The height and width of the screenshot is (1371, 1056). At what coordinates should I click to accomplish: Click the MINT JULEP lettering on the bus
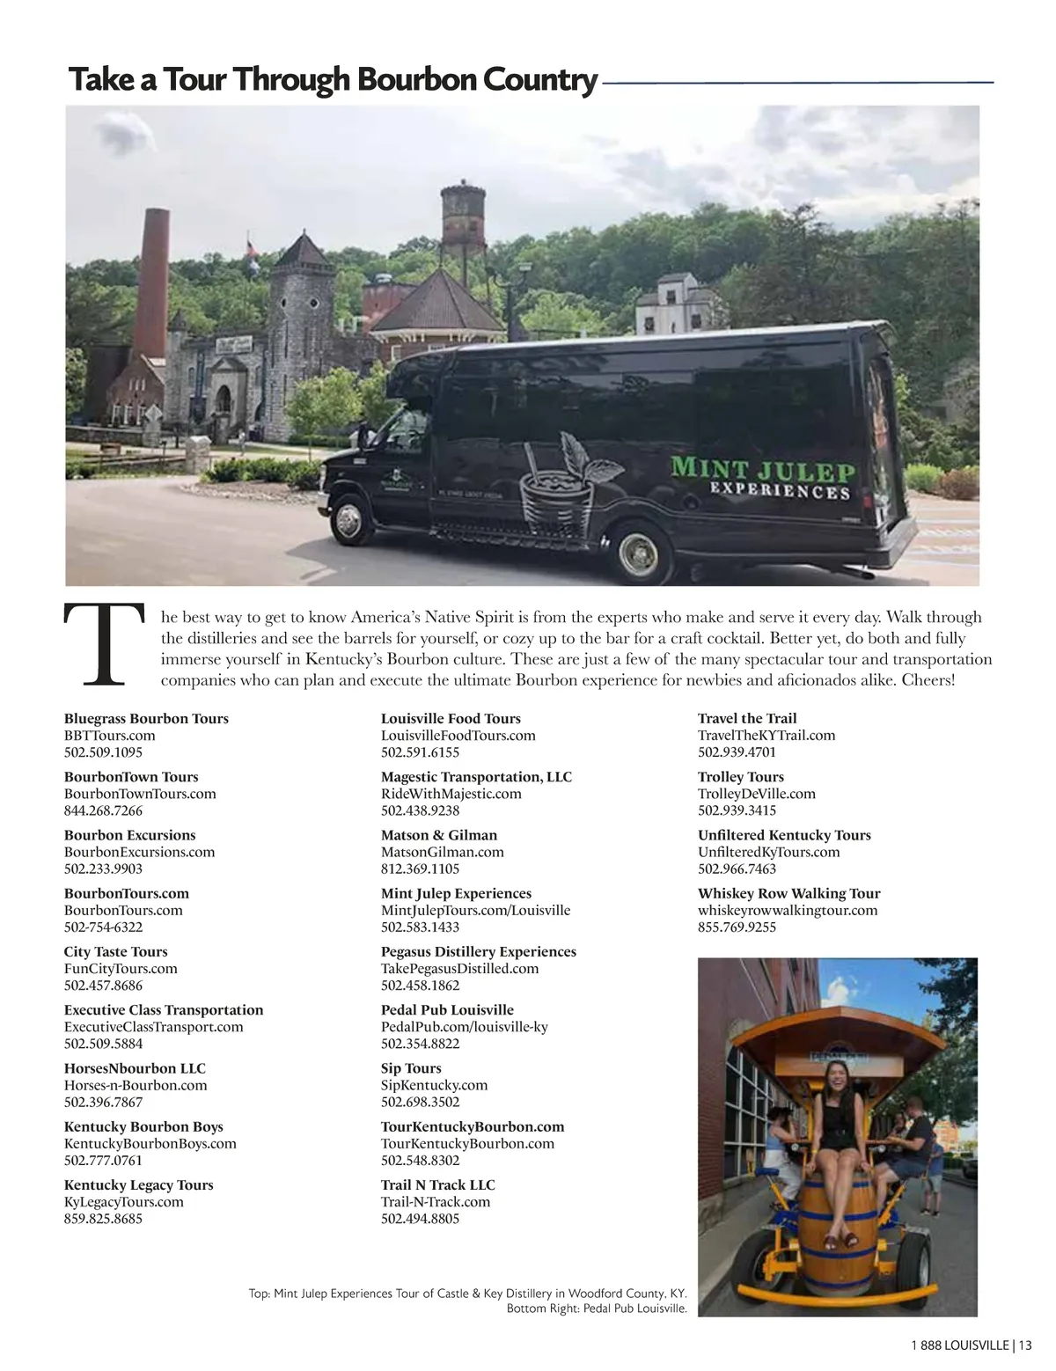coord(763,467)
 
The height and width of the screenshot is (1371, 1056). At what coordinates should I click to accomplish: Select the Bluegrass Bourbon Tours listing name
coord(146,718)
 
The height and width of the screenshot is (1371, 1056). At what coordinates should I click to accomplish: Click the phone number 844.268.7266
coord(103,810)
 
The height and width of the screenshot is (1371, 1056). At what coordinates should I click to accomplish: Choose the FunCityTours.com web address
coord(121,968)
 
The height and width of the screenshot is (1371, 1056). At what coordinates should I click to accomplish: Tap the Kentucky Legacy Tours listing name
coord(138,1184)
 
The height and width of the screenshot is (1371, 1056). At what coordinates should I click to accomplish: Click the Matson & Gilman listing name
coord(439,835)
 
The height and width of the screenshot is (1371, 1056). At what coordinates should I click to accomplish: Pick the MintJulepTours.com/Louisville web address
coord(475,910)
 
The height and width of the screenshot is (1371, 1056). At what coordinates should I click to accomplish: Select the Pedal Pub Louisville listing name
coord(447,1009)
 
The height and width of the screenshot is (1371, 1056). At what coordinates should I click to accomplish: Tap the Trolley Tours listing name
coord(740,776)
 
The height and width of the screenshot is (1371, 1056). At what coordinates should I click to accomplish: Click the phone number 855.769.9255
coord(737,927)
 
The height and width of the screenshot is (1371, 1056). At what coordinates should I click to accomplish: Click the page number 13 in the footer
coord(1024,1344)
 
